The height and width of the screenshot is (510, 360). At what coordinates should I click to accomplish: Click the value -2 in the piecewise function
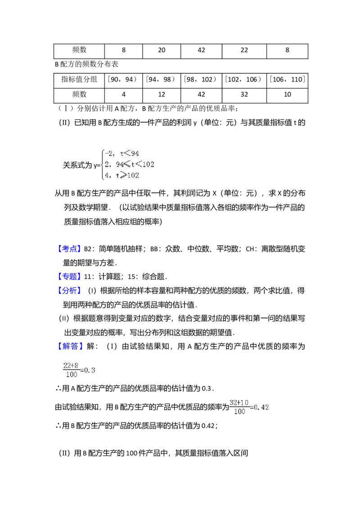108,153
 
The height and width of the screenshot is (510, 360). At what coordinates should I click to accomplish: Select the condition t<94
130,153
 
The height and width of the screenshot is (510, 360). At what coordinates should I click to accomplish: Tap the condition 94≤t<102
135,164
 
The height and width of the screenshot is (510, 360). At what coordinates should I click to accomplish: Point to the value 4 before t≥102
107,175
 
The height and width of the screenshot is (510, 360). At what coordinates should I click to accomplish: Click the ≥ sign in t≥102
123,175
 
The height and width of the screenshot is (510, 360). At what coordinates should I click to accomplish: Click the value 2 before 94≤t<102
107,164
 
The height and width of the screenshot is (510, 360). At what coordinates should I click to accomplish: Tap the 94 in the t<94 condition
135,153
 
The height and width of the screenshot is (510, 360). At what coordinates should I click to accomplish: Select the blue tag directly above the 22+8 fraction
70,347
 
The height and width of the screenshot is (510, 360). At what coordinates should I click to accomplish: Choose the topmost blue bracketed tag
70,249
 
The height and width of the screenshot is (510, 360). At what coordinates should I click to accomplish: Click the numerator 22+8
71,366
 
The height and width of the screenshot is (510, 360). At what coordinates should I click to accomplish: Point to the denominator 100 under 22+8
71,374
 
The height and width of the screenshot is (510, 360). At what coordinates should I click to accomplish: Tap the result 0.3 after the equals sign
90,370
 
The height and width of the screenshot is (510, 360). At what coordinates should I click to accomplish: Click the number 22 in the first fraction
67,366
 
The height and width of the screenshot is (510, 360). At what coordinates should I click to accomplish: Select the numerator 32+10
239,403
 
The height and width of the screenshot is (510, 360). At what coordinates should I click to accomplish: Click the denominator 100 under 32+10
239,411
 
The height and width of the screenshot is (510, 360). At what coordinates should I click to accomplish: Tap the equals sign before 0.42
252,407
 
